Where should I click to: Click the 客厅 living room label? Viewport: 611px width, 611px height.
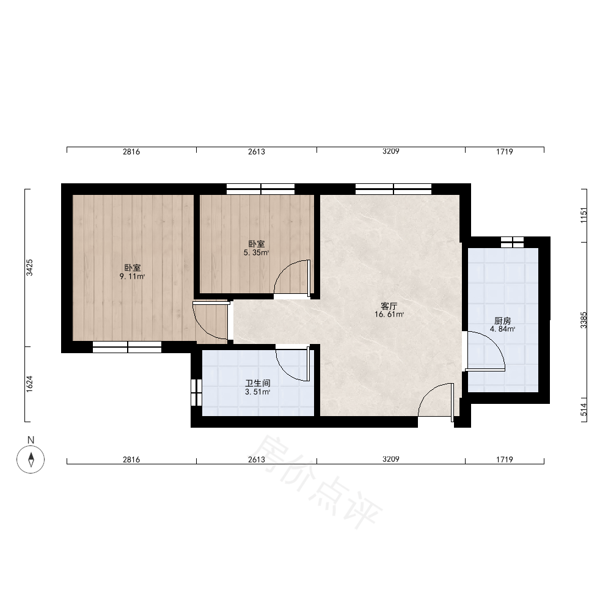pyautogui.click(x=389, y=306)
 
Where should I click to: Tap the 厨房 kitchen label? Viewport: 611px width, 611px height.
pyautogui.click(x=502, y=321)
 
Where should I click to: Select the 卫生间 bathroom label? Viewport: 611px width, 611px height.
pyautogui.click(x=258, y=384)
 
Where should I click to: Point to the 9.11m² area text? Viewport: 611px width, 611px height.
pyautogui.click(x=132, y=277)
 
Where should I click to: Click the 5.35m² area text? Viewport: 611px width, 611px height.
pyautogui.click(x=257, y=252)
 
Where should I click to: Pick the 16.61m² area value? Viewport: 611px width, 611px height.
pyautogui.click(x=389, y=315)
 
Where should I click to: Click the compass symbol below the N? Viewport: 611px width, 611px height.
pyautogui.click(x=31, y=459)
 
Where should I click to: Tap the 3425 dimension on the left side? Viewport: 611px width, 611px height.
pyautogui.click(x=29, y=268)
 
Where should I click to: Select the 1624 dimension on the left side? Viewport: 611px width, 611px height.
pyautogui.click(x=29, y=384)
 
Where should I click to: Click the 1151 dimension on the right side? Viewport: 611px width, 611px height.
pyautogui.click(x=584, y=215)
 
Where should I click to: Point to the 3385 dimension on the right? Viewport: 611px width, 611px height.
pyautogui.click(x=584, y=320)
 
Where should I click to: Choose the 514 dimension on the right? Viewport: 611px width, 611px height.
pyautogui.click(x=584, y=409)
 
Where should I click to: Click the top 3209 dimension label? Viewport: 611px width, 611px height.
pyautogui.click(x=391, y=151)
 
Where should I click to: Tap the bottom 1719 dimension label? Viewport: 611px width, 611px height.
pyautogui.click(x=505, y=459)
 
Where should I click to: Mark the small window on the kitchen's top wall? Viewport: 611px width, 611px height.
pyautogui.click(x=512, y=242)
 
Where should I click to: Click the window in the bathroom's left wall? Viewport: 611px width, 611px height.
pyautogui.click(x=196, y=392)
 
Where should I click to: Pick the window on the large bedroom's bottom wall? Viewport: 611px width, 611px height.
pyautogui.click(x=127, y=347)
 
